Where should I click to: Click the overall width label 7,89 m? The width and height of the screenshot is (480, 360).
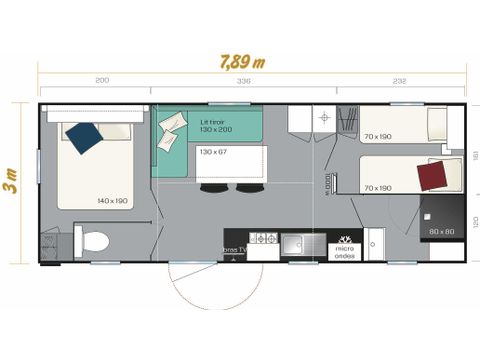(242, 60)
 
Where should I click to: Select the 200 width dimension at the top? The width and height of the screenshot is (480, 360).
(102, 81)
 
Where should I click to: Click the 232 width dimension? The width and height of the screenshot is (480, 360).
(400, 81)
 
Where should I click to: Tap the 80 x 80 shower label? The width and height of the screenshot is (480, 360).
(441, 231)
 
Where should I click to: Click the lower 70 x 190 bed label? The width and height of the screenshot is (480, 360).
(378, 187)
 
